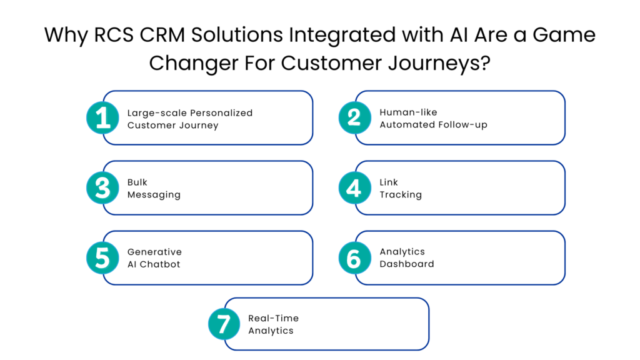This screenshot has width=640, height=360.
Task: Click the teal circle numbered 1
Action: (x=103, y=117)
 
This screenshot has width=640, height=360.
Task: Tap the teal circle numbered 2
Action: (x=354, y=117)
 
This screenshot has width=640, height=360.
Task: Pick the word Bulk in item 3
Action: (x=137, y=182)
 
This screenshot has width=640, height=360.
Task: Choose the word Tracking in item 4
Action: (x=401, y=194)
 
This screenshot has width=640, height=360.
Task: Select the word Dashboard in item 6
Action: (x=407, y=264)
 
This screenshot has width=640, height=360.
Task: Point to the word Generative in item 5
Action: (x=154, y=252)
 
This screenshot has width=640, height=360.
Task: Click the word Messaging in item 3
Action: (x=154, y=194)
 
